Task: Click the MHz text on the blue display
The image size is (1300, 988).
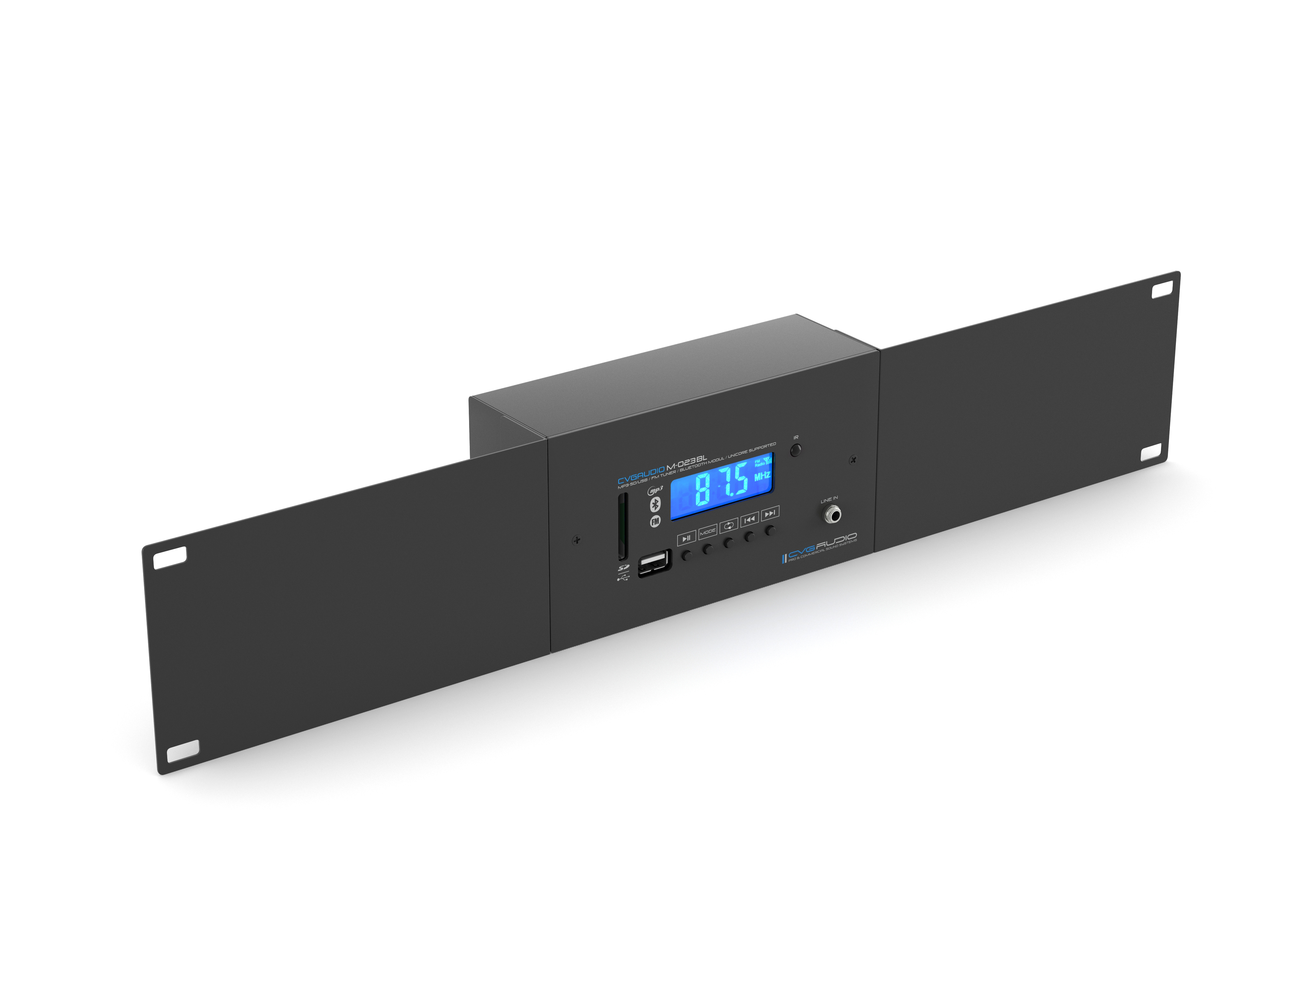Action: tap(762, 476)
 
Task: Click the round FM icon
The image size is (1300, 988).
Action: tap(655, 521)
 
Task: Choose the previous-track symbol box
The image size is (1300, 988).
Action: tap(749, 519)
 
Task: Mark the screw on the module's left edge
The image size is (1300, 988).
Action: tap(577, 539)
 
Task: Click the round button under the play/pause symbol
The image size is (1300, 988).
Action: tap(687, 555)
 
